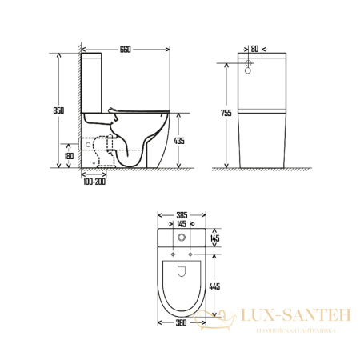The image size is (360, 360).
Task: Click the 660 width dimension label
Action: coord(126,50)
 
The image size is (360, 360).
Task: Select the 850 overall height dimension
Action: coord(58,110)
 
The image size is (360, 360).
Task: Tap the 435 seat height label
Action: coord(179,141)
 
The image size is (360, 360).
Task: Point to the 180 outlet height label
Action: coord(69,156)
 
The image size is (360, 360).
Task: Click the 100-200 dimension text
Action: coord(94,182)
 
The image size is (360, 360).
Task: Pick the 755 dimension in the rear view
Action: coord(226,113)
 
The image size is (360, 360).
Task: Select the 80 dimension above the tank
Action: coord(254,49)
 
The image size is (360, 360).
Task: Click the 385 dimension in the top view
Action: coord(182,215)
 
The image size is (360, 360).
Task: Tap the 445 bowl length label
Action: coord(214,286)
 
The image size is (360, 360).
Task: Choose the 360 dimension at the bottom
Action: coord(181,323)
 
